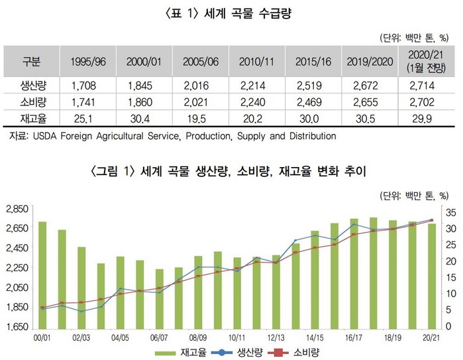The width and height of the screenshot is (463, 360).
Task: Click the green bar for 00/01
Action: pyautogui.click(x=42, y=274)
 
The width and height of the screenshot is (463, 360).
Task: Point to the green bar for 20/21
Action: pyautogui.click(x=431, y=275)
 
